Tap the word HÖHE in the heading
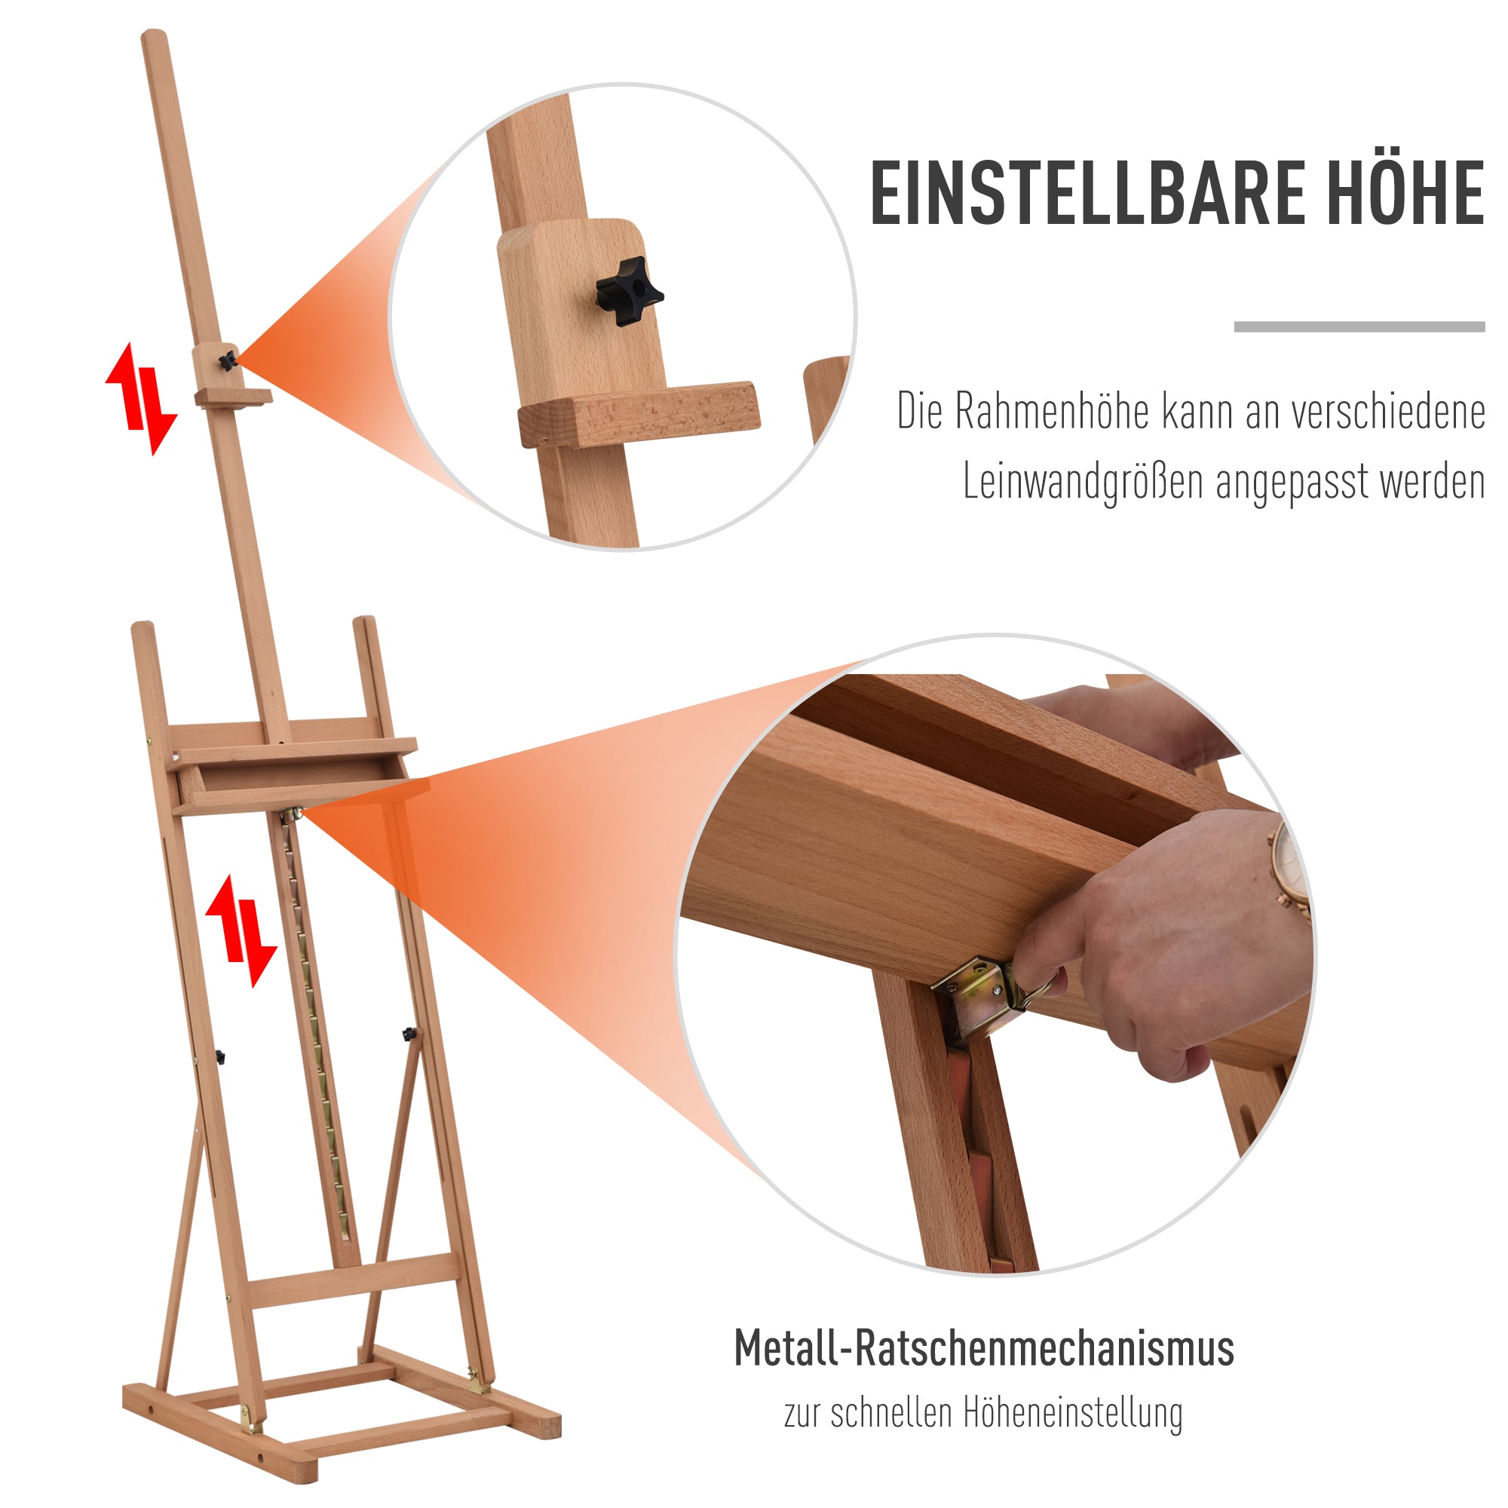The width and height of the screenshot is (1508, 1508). [1405, 192]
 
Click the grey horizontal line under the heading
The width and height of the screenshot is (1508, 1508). [1358, 327]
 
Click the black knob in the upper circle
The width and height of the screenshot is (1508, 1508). [627, 291]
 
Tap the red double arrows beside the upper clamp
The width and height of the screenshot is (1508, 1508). [141, 398]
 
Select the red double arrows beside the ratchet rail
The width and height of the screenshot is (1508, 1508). [241, 930]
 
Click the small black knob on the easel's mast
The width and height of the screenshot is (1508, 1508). [227, 360]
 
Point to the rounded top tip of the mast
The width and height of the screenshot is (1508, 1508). [154, 37]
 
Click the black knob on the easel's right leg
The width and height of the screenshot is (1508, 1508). [409, 1035]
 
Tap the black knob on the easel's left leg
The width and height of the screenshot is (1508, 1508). [220, 1058]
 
